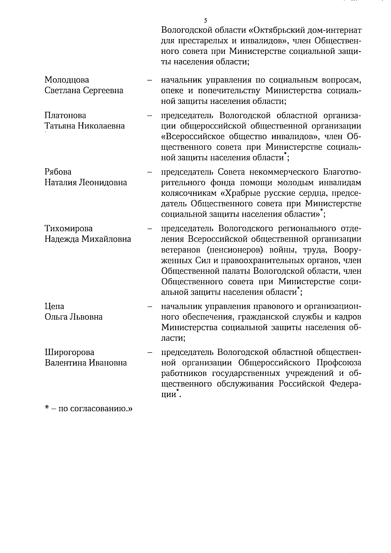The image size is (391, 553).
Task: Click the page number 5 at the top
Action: coord(206,21)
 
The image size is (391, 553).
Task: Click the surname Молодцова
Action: coord(67,80)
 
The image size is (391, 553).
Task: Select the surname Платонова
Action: coord(65,115)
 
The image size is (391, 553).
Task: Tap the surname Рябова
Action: coord(58,172)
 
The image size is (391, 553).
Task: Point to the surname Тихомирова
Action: coord(69,228)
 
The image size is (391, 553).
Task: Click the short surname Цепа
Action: coord(54,306)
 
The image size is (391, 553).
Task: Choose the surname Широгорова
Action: coord(69,352)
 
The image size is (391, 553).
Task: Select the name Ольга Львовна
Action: coord(74,317)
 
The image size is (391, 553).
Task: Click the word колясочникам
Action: coord(190,193)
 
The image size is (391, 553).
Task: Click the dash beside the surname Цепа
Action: coord(150,307)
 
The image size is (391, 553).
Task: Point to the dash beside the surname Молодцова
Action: coord(150,80)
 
